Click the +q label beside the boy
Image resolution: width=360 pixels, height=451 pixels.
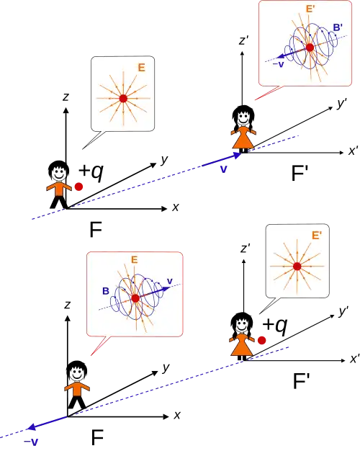click(91, 171)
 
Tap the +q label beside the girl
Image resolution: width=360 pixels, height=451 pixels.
click(275, 326)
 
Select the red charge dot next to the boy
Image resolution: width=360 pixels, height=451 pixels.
click(78, 187)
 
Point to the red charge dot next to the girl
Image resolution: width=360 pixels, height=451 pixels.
click(261, 340)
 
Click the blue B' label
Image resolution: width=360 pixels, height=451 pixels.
click(338, 27)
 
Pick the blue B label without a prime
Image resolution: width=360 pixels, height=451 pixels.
click(106, 291)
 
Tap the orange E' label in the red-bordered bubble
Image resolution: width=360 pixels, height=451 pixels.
click(310, 9)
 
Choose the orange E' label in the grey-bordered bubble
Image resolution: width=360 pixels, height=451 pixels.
click(317, 236)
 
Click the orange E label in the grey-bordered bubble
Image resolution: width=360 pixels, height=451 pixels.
click(141, 68)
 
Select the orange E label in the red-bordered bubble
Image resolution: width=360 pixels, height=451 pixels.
click(135, 260)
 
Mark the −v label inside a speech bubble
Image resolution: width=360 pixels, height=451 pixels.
click(278, 64)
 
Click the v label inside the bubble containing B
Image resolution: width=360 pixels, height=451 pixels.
click(170, 281)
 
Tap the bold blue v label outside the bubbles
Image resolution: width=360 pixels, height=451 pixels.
click(223, 169)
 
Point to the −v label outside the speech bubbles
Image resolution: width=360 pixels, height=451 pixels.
click(31, 442)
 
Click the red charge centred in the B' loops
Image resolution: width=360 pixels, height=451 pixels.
click(310, 47)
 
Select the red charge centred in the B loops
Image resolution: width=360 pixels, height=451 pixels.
click(135, 298)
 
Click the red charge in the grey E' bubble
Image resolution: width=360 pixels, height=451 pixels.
click(297, 267)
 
